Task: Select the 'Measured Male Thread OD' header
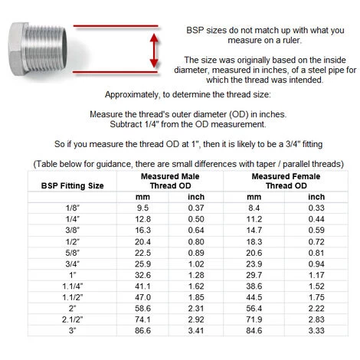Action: [169, 181]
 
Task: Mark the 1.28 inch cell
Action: [197, 276]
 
